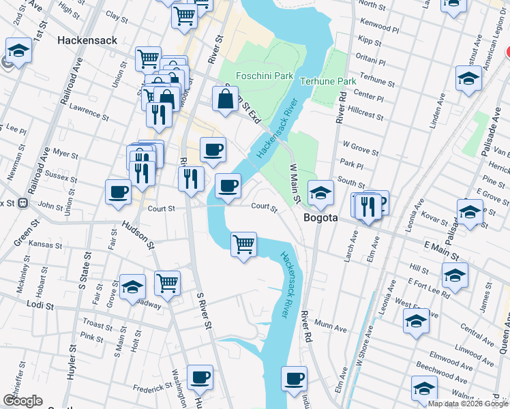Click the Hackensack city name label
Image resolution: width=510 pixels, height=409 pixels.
click(87, 40)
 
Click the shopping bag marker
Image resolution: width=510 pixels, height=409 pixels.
click(225, 100)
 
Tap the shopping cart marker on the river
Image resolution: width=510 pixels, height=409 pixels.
click(243, 244)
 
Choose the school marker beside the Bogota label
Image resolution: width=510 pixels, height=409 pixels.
click(320, 193)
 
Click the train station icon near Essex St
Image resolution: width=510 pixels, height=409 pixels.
click(22, 202)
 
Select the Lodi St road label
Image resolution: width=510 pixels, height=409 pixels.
click(40, 306)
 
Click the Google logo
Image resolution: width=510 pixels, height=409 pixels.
click(22, 401)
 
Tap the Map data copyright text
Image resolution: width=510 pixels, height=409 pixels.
click(468, 404)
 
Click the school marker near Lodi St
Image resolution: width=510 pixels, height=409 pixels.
click(132, 287)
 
